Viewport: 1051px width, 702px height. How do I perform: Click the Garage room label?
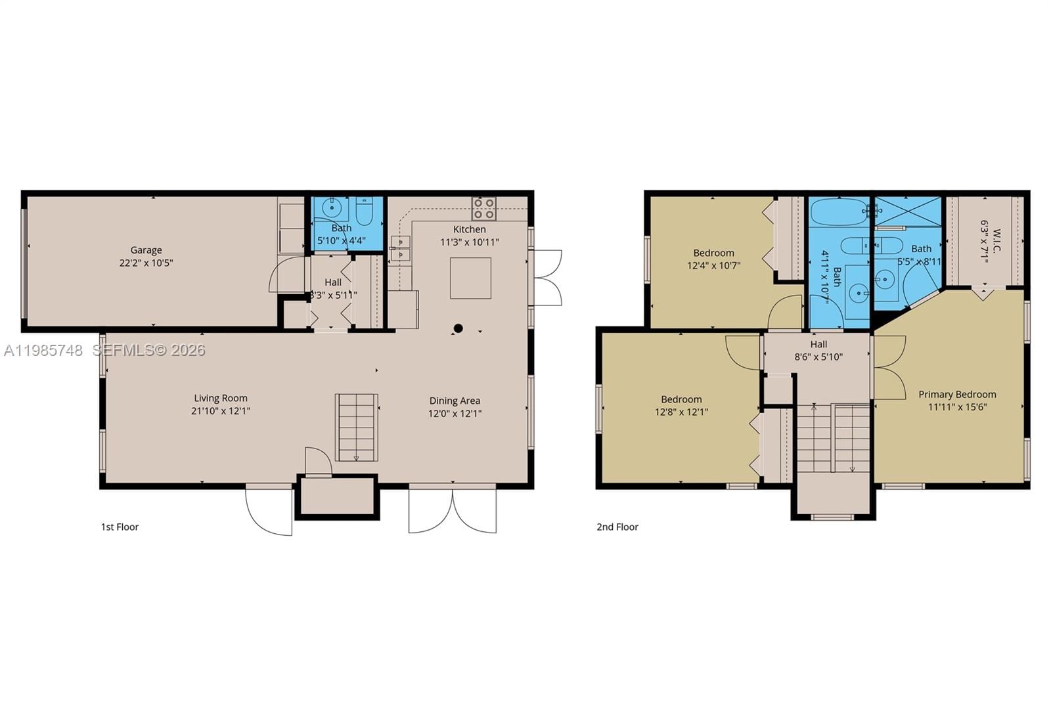click(x=146, y=250)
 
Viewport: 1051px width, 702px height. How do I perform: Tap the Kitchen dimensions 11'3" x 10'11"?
click(x=469, y=242)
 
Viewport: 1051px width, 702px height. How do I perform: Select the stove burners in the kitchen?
click(x=484, y=208)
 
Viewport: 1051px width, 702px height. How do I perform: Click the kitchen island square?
click(x=470, y=278)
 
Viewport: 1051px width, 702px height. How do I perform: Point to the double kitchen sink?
click(x=400, y=248)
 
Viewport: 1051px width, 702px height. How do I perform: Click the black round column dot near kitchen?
click(x=458, y=328)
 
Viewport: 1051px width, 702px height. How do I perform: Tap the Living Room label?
click(x=221, y=398)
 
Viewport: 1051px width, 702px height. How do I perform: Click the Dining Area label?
click(x=455, y=401)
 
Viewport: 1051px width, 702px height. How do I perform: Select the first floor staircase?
click(x=357, y=427)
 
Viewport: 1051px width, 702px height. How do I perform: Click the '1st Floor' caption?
click(x=120, y=527)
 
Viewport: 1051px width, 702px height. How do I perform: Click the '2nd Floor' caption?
click(x=617, y=527)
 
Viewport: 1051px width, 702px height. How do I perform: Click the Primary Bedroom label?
click(x=957, y=395)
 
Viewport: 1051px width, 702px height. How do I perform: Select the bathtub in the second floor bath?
click(x=838, y=212)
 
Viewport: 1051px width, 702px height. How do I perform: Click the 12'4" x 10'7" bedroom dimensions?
click(x=713, y=266)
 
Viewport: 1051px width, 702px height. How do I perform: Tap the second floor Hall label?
click(x=818, y=344)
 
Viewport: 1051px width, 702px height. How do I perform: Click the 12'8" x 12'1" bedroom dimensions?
click(x=681, y=412)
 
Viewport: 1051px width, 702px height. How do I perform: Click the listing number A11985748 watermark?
click(x=43, y=351)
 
